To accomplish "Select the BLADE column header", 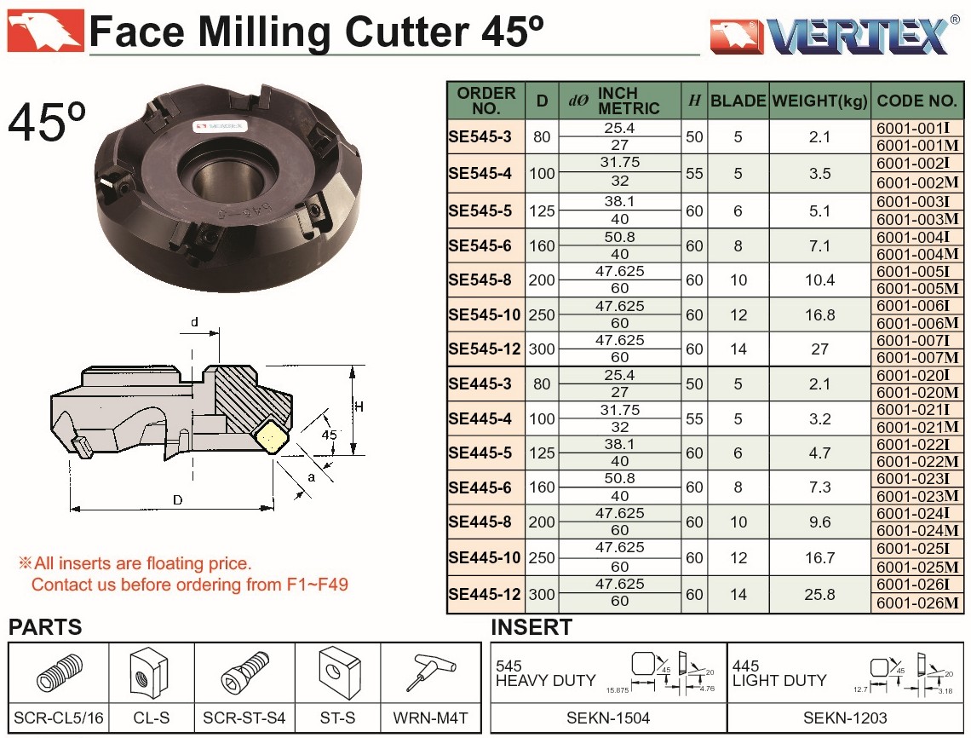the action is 738,101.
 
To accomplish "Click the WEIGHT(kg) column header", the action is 820,101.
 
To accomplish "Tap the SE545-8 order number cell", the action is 480,280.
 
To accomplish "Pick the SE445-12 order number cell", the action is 485,594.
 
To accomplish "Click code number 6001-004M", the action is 917,254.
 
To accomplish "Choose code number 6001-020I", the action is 913,375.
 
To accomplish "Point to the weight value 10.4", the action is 820,280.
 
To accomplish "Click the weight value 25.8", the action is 820,594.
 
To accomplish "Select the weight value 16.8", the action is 820,314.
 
